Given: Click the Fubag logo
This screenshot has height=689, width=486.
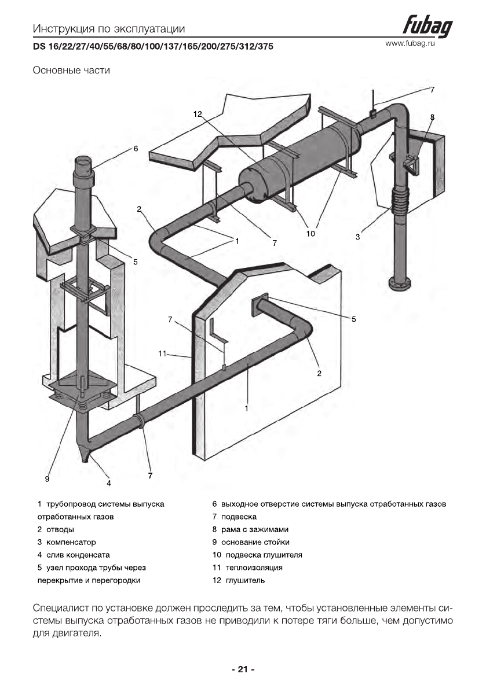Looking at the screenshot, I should (429, 27).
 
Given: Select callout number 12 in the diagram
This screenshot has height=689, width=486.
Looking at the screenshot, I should (198, 114).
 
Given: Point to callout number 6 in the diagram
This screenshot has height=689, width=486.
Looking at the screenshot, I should (136, 149).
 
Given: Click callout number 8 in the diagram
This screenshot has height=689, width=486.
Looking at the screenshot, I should (432, 117).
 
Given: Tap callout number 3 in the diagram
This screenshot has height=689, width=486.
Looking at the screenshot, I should (359, 236).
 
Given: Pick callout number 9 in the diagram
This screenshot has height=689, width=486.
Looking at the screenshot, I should (48, 478).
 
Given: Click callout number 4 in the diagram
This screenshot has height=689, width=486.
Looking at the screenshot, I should (108, 481).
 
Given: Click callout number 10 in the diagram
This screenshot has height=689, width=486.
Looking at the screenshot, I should (311, 234).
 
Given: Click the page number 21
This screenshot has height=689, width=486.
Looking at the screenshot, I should (243, 669).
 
